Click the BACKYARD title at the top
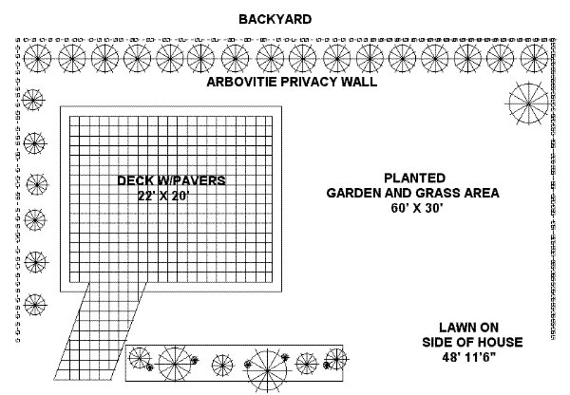(275, 19)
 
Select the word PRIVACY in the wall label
(313, 83)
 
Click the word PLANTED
(413, 178)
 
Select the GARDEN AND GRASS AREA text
(413, 193)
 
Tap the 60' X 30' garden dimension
(413, 208)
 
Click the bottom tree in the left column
(34, 305)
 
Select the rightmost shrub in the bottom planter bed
(335, 362)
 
